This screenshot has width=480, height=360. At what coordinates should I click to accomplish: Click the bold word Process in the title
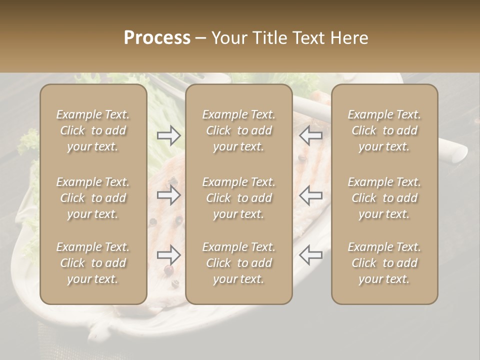click(x=157, y=38)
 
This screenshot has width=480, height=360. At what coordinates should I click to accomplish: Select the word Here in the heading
click(x=350, y=38)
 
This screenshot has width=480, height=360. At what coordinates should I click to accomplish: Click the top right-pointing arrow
click(x=168, y=135)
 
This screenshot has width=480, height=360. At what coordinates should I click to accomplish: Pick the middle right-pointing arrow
click(x=168, y=195)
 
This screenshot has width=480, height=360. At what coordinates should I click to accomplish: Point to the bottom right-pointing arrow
click(x=168, y=255)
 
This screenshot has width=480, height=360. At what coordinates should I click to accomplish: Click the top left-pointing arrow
click(x=311, y=135)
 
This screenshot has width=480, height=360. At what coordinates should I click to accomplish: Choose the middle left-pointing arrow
click(x=311, y=195)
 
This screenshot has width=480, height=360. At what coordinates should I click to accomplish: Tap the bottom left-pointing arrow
click(x=311, y=255)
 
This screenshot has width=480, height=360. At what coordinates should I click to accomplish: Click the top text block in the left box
click(x=93, y=130)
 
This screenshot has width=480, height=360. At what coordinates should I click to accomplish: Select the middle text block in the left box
click(x=93, y=198)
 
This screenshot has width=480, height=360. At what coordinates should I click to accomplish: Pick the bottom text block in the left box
click(x=93, y=263)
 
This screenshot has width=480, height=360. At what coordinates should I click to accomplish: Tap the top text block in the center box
click(x=238, y=130)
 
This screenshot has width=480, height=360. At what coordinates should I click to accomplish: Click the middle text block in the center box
click(x=238, y=198)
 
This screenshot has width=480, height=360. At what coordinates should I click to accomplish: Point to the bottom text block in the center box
click(x=238, y=263)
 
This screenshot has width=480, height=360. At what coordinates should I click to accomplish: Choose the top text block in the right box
click(x=384, y=130)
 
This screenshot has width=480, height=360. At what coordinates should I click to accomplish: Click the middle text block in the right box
click(x=384, y=198)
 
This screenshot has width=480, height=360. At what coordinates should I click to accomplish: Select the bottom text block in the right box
click(x=384, y=263)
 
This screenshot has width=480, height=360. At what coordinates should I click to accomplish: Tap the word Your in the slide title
click(x=228, y=38)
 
